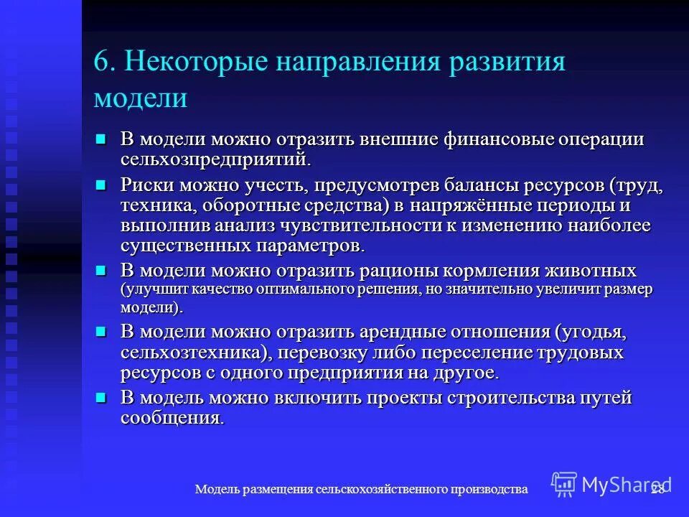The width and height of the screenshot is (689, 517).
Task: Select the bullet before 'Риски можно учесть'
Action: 101,185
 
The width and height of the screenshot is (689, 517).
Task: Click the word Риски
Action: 147,186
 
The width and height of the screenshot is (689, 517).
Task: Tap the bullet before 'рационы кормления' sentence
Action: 101,270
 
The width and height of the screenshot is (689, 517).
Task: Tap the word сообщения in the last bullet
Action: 172,418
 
